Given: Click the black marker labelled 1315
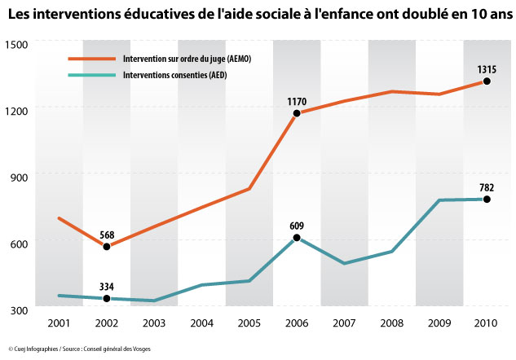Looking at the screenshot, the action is point(487,81).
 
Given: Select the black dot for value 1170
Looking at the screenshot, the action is point(297,113).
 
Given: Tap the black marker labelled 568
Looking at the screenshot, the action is point(107,246).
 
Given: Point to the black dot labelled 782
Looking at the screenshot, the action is point(487,200).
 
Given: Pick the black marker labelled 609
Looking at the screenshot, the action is point(297,237).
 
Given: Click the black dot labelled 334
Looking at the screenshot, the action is point(107,299).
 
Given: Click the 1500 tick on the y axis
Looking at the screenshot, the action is point(15,44).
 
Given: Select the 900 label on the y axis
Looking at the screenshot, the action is point(19,178).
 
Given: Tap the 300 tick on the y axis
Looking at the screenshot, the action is point(19,310).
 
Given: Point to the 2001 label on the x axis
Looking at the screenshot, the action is point(59,323).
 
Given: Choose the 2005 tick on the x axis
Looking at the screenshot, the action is point(249,323).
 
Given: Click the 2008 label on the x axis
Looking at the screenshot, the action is point(391,323).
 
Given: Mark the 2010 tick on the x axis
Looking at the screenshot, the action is point(486,323).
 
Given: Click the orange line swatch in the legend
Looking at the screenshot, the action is point(92,59).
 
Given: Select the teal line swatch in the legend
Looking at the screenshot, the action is point(92,75).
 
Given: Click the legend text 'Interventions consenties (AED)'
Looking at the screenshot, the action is point(175,75).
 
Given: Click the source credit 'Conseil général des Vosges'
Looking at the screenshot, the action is point(117,349).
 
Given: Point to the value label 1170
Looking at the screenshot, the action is point(297,102).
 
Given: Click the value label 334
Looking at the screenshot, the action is point(107,287).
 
